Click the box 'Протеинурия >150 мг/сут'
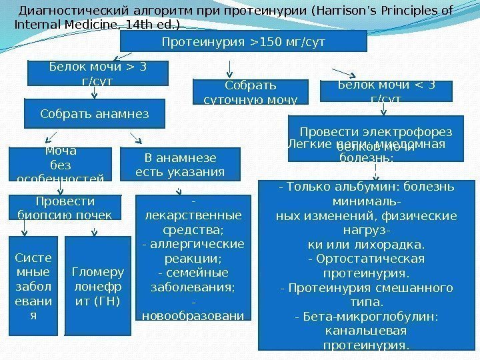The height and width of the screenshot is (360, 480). [243, 41]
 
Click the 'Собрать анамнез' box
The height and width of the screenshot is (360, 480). [94, 113]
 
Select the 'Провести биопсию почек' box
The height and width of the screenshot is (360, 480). [64, 207]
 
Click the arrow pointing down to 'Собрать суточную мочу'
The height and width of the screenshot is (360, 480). [230, 67]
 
